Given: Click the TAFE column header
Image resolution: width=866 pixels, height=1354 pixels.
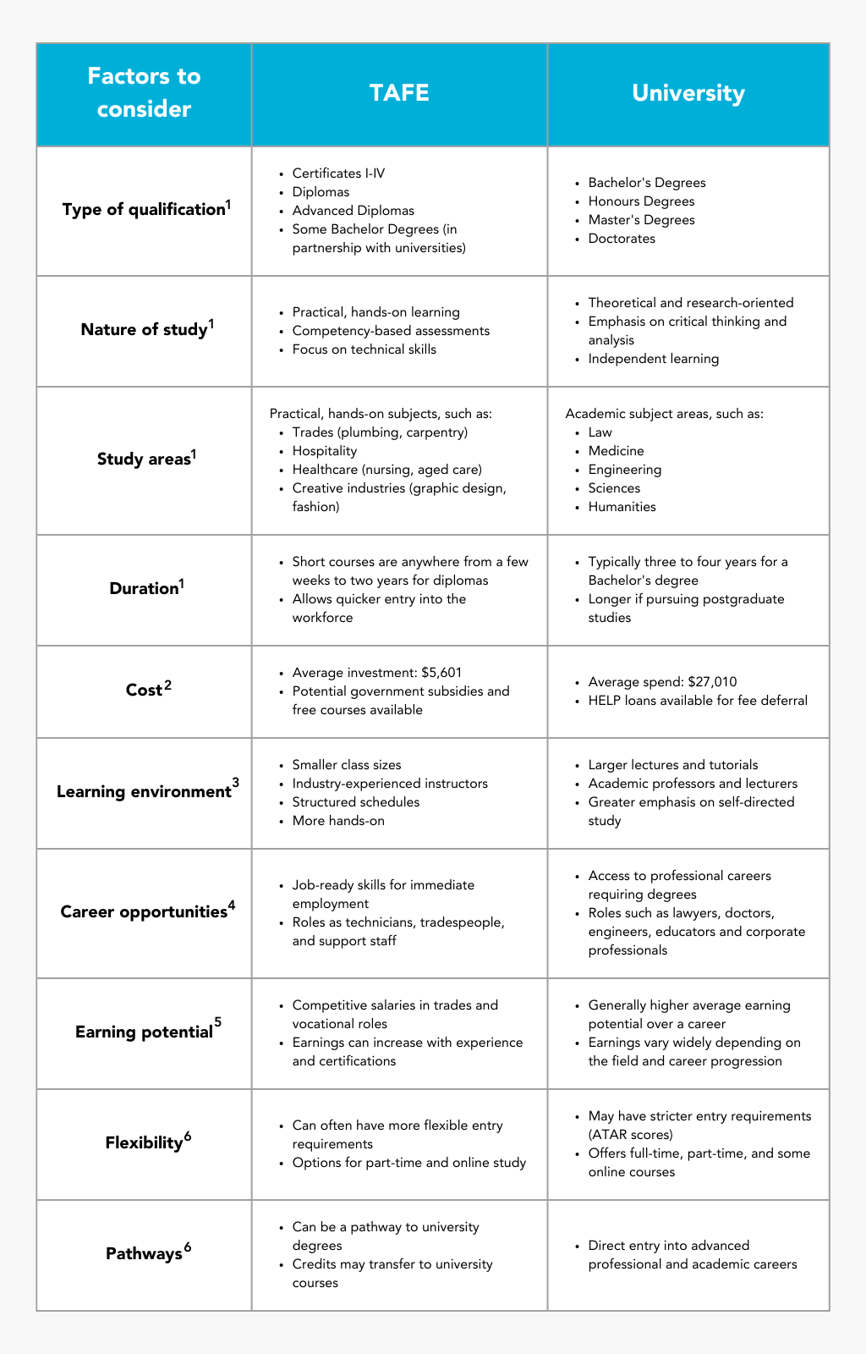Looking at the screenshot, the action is (x=399, y=92).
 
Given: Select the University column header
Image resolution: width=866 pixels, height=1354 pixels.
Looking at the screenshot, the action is (x=688, y=92).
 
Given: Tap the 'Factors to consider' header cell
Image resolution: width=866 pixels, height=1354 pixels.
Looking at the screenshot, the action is (x=144, y=92).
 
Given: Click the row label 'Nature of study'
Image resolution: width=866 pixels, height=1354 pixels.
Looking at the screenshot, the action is (x=144, y=329).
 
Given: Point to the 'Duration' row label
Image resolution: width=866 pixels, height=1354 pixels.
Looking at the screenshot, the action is (x=143, y=588).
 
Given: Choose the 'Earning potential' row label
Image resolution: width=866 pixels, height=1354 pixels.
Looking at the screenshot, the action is (x=144, y=1032).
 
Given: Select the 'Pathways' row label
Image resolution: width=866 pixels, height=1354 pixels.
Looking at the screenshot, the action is (x=144, y=1253).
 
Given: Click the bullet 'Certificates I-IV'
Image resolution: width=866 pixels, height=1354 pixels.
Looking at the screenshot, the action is (x=338, y=173).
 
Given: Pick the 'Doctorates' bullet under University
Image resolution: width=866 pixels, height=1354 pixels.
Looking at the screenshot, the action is (x=622, y=239).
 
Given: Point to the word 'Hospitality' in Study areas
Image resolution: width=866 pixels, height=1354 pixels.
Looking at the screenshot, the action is (x=325, y=451).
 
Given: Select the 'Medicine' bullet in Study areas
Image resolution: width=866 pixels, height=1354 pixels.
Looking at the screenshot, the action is (x=616, y=451).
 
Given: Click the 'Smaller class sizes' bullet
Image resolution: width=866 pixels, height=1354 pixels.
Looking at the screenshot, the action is (x=347, y=765).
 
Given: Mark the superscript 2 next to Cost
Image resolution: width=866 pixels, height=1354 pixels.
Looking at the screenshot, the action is (x=167, y=685).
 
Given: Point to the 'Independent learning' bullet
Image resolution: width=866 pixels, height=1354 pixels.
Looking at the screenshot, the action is (x=653, y=359).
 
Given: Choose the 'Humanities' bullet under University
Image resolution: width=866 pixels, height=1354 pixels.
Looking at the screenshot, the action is (x=622, y=507).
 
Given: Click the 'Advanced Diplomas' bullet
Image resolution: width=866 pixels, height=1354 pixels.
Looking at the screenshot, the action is (x=353, y=211).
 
